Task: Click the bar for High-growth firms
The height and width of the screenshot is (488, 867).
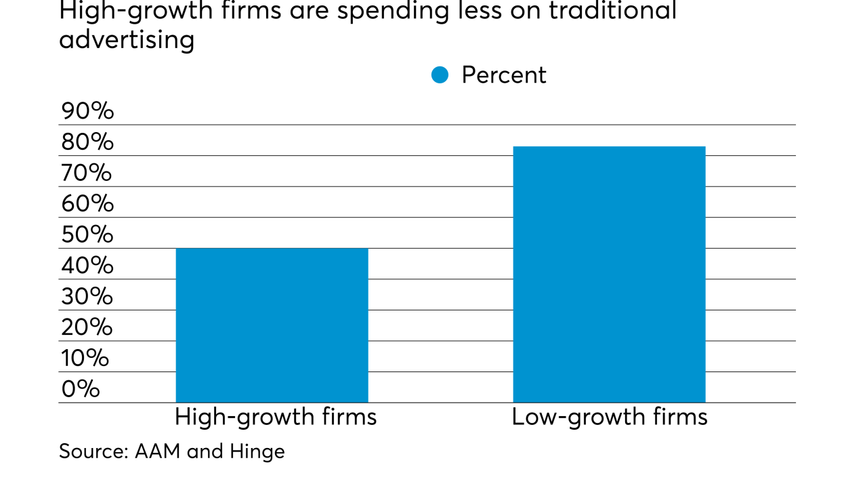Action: pos(272,325)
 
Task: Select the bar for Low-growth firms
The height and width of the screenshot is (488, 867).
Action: pos(609,274)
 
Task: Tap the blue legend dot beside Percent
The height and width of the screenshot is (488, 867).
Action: pos(440,75)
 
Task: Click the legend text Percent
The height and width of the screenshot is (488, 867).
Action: pos(503,75)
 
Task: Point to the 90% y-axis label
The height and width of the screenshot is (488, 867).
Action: pos(87,111)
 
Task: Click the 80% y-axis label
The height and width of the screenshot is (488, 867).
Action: pos(87,142)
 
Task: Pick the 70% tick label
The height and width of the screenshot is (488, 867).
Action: pos(87,173)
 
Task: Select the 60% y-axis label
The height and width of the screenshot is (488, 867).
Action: pos(87,204)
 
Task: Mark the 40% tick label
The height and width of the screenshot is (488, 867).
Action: pos(87,266)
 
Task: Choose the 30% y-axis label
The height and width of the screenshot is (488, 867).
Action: pos(87,296)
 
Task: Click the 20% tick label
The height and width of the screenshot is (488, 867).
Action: pos(87,327)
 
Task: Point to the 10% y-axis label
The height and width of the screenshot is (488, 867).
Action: pos(85,358)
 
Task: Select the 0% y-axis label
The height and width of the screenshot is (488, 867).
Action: pos(80,389)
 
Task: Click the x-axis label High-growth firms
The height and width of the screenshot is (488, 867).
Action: pos(275,417)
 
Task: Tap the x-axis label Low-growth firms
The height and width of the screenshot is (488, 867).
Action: pos(609,417)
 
